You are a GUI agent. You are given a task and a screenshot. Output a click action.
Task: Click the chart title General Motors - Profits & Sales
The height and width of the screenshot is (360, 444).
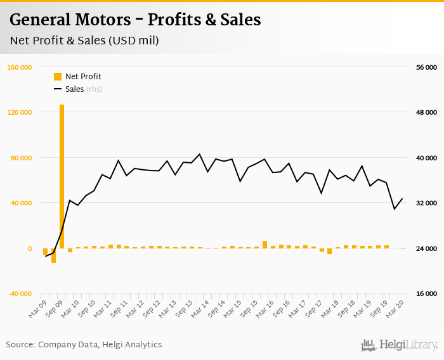[135, 20]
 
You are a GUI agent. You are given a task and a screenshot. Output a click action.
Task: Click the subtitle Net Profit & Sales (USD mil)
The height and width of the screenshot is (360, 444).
[84, 41]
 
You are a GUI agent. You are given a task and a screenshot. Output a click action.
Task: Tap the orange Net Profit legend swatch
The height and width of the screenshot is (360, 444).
[58, 77]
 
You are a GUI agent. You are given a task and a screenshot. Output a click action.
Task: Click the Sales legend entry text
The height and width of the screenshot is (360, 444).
[74, 89]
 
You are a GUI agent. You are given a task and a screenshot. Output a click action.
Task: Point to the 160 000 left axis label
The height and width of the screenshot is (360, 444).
[20, 67]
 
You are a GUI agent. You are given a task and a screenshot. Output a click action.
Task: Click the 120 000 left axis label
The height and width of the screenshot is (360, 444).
[20, 113]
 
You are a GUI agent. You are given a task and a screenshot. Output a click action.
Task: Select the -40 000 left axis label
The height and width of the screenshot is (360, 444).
[20, 294]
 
